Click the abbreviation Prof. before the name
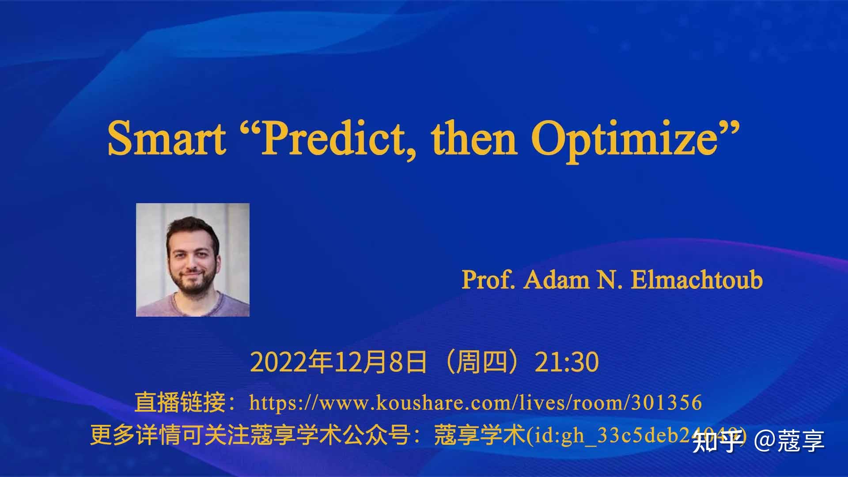pos(488,280)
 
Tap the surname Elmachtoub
pos(697,280)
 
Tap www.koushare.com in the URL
pos(415,402)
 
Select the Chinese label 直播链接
pos(180,402)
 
